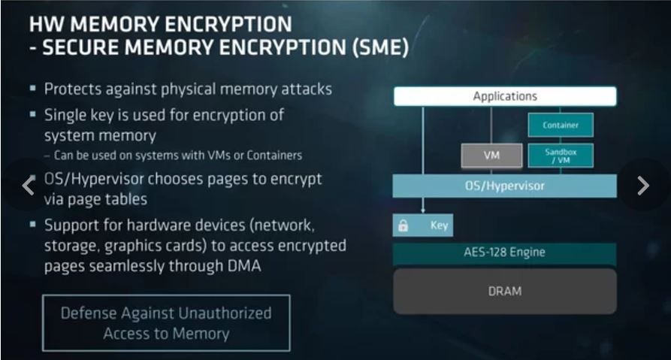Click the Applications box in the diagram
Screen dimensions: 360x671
click(505, 96)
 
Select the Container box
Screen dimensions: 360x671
click(561, 126)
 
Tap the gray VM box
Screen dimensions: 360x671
click(492, 156)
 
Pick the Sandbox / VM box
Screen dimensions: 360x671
click(561, 156)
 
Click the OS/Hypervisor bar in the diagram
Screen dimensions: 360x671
click(505, 186)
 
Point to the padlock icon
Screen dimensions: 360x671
click(403, 225)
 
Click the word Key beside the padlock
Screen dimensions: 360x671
click(439, 225)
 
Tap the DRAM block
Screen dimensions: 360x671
click(505, 291)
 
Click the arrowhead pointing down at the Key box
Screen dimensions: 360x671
click(422, 210)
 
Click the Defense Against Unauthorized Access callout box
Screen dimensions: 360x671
click(166, 323)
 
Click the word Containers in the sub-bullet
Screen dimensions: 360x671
click(274, 156)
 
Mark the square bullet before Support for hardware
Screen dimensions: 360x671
click(32, 225)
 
